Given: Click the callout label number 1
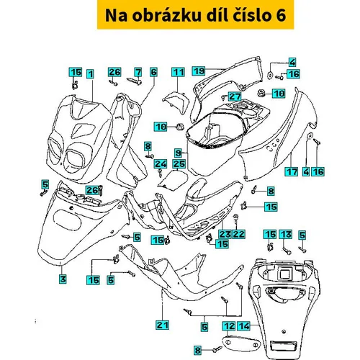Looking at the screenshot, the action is coord(90,73).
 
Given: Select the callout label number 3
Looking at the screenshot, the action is coord(63,279).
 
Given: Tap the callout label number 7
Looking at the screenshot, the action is coord(138,72).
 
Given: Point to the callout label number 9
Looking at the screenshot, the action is coord(178,153).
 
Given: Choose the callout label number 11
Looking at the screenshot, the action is coord(178,72).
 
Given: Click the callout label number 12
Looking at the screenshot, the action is coord(229,326).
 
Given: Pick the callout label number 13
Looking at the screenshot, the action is coord(286,235).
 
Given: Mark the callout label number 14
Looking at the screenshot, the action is coord(244,326).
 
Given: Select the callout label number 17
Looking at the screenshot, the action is coord(292,172).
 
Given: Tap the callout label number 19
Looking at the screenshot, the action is coord(199,71).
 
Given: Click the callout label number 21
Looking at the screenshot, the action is coord(163,325).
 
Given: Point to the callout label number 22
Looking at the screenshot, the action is coord(238,234).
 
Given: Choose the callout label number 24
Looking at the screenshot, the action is coord(161,164).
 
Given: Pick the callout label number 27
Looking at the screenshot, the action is coord(235,96).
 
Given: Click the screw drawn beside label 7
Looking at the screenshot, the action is coord(134,81).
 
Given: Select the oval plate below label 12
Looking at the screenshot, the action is coord(240,342).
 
